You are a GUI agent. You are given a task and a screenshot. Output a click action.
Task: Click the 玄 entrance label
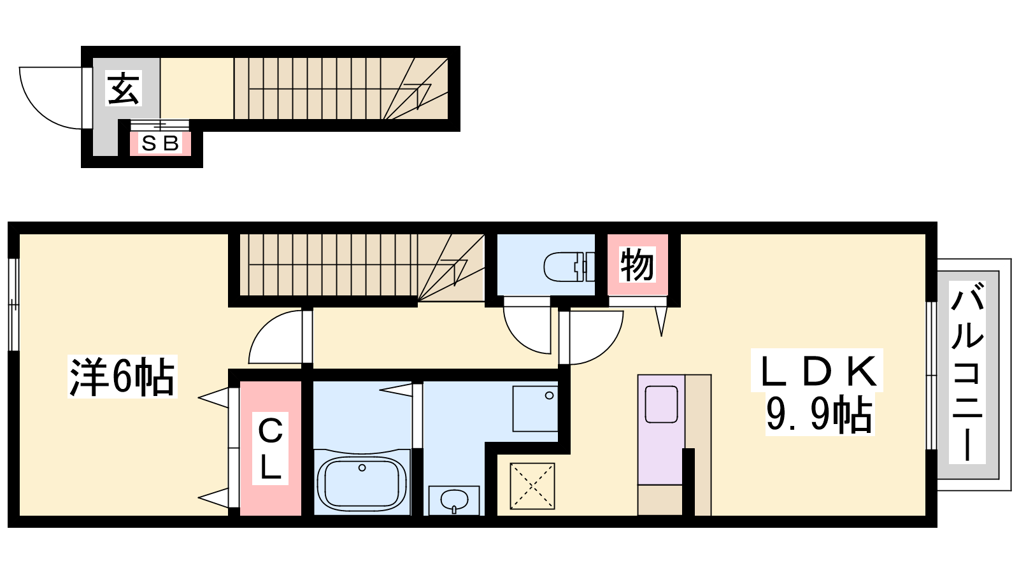point(124,88)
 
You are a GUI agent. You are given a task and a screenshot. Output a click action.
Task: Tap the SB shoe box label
point(160,144)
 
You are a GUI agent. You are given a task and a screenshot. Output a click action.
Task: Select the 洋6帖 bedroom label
point(122,377)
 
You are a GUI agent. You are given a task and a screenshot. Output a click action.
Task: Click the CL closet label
point(271,449)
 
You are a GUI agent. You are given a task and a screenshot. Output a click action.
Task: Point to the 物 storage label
point(638,265)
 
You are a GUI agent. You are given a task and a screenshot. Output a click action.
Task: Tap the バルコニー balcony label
point(967,372)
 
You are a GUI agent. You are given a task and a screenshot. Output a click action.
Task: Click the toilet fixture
point(569,267)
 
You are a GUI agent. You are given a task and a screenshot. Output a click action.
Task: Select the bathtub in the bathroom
point(362,483)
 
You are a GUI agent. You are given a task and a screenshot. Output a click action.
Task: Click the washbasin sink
point(454,500)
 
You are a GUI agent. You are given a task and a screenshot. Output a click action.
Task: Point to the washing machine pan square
point(535,408)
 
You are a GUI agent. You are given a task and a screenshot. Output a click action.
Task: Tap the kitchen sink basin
point(661,404)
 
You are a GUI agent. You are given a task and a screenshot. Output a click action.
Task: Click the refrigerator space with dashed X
point(532,486)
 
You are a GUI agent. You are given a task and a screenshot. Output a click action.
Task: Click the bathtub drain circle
point(362,467)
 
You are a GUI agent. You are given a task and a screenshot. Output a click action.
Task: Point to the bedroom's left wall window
point(14,304)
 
